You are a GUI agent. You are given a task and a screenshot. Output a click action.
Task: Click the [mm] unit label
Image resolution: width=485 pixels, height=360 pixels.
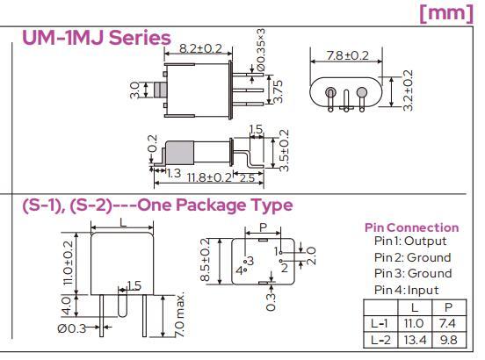click(x=446, y=13)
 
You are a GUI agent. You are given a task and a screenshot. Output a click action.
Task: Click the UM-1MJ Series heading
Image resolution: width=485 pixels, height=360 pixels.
click(x=97, y=38)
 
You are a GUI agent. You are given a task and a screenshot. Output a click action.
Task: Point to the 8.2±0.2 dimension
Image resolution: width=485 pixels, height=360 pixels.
click(x=200, y=48)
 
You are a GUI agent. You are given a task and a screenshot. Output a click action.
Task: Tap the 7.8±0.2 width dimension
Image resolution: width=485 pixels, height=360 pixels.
click(x=348, y=55)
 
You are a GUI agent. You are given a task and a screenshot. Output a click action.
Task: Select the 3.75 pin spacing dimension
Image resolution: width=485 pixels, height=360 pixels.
click(x=279, y=91)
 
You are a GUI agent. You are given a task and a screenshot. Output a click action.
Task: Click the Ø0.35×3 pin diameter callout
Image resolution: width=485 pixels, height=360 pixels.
click(x=260, y=50)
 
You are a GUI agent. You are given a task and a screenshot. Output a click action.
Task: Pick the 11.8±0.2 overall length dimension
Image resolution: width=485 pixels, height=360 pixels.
click(x=209, y=177)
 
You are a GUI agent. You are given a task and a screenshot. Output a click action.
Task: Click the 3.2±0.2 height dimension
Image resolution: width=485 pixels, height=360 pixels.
click(x=409, y=90)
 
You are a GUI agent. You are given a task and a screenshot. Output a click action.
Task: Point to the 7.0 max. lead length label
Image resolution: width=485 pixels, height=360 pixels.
click(x=180, y=313)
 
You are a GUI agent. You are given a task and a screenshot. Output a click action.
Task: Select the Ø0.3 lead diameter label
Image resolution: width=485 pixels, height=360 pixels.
click(x=71, y=328)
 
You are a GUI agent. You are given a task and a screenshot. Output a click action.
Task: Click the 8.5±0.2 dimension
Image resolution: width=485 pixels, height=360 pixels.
click(x=205, y=260)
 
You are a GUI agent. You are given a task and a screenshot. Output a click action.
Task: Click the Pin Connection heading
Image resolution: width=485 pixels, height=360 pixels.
click(x=412, y=227)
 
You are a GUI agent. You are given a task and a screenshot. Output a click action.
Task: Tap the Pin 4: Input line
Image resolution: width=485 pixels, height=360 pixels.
click(x=407, y=290)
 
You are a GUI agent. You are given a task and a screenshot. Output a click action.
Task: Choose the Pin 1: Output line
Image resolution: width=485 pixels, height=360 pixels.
click(x=410, y=241)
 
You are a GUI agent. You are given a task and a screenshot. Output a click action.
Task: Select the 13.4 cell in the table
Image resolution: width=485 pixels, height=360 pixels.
click(x=415, y=340)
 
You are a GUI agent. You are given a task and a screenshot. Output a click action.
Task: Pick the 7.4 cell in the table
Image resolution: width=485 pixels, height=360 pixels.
click(x=447, y=323)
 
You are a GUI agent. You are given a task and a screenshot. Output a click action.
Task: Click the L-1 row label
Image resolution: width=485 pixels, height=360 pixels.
click(x=380, y=323)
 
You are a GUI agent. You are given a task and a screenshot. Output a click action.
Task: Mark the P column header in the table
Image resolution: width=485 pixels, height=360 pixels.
click(x=448, y=307)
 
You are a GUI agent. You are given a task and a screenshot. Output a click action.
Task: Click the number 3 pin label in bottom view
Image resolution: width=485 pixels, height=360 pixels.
click(x=250, y=261)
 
